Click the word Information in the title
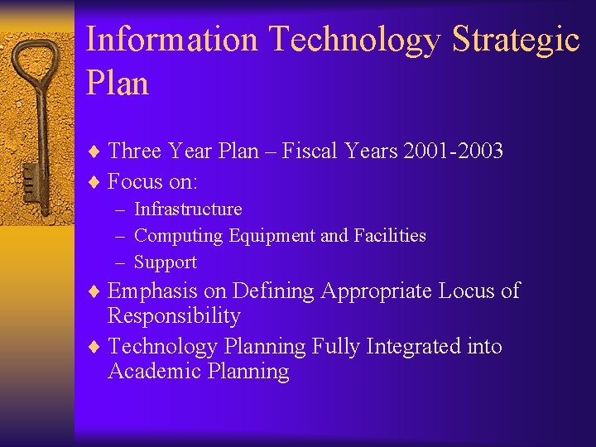tap(172, 39)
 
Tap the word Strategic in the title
tap(516, 39)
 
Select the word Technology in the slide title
tap(358, 39)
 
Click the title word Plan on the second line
tap(117, 84)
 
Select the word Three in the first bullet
tap(135, 151)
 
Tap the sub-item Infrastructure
tap(188, 209)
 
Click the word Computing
tap(178, 236)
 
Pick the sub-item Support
tap(166, 262)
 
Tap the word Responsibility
tap(174, 316)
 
